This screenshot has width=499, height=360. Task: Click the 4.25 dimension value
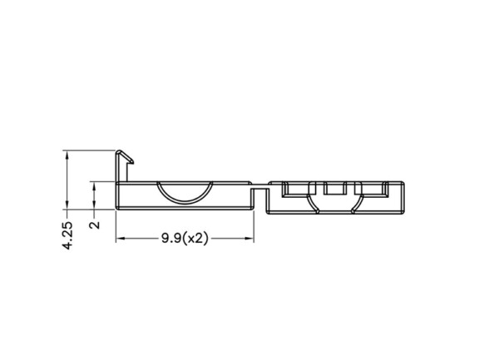click(67, 235)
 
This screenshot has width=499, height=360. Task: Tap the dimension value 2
click(95, 224)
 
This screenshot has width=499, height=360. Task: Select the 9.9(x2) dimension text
click(185, 238)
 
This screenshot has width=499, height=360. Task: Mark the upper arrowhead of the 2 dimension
click(94, 187)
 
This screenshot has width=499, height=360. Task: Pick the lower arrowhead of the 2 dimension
click(94, 205)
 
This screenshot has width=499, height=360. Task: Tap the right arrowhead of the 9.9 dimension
click(248, 239)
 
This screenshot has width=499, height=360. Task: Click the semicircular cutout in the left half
click(185, 200)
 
